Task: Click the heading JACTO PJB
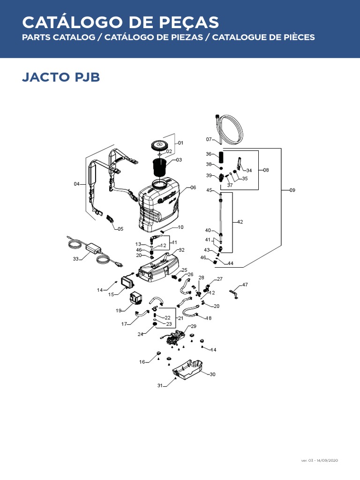(x=61, y=77)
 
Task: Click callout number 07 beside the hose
(x=209, y=139)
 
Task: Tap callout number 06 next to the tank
(x=193, y=187)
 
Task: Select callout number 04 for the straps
(x=77, y=184)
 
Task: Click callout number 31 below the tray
(x=160, y=385)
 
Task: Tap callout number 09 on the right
(x=292, y=190)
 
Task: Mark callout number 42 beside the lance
(x=240, y=222)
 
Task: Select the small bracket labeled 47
(x=234, y=293)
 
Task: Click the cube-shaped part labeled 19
(x=137, y=298)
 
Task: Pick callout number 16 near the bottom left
(x=142, y=361)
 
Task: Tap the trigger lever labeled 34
(x=240, y=165)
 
